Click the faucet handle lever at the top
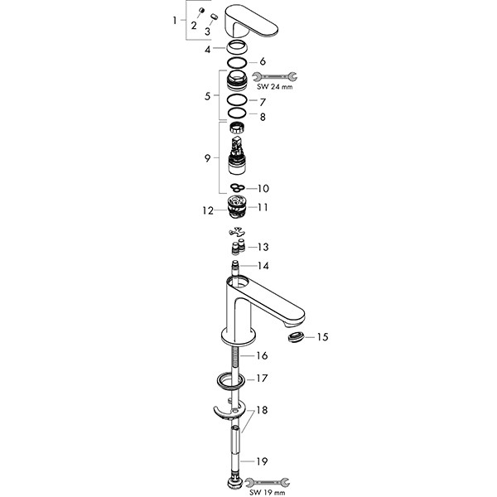[250, 23]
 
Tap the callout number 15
[322, 337]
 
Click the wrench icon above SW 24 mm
[275, 77]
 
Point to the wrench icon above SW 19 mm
[268, 482]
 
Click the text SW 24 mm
[275, 87]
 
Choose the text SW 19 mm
[268, 493]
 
